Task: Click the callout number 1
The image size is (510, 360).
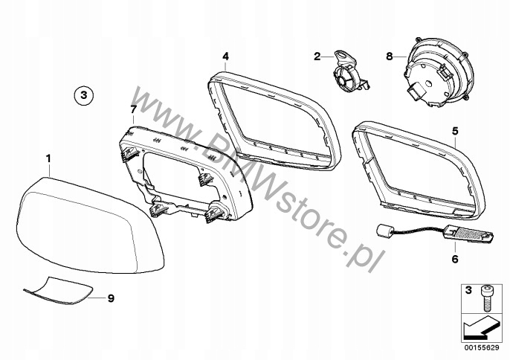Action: (x=48, y=158)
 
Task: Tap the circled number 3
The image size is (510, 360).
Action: (x=84, y=94)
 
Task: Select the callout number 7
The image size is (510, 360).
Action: (x=133, y=109)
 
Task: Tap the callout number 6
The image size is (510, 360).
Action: (x=455, y=260)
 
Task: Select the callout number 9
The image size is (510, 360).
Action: (x=110, y=298)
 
